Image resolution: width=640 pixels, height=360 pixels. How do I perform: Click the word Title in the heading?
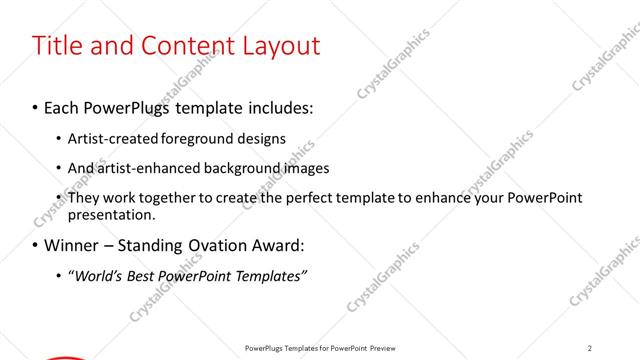pyautogui.click(x=57, y=45)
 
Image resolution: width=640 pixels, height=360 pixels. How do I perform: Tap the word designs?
pyautogui.click(x=262, y=139)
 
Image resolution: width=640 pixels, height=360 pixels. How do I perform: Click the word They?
pyautogui.click(x=84, y=198)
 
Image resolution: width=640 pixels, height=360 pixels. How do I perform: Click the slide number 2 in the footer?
pyautogui.click(x=590, y=348)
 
